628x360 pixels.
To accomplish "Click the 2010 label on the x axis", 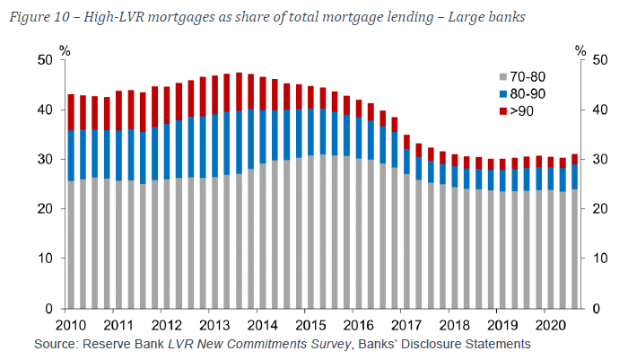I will pos(71,324).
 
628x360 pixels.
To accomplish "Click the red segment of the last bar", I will pos(574,159).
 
